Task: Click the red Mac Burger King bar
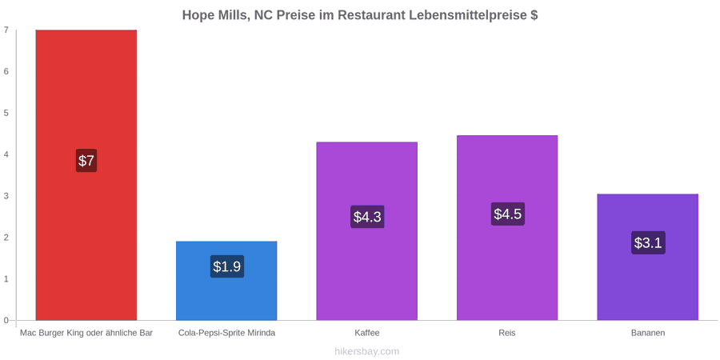[x=86, y=175]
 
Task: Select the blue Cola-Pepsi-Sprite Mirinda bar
[x=226, y=281]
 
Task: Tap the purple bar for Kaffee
[x=367, y=231]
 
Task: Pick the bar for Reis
[x=507, y=228]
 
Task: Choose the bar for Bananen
[x=647, y=257]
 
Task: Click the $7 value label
[x=86, y=161]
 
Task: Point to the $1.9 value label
[x=227, y=266]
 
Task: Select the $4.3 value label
[x=367, y=217]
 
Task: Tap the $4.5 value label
[x=508, y=214]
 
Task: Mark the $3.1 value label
[x=648, y=242]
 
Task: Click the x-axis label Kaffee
[x=367, y=333]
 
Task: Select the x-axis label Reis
[x=507, y=333]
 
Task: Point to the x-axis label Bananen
[x=647, y=333]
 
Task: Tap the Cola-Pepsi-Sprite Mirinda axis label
[x=227, y=333]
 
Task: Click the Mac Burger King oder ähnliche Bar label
[x=86, y=333]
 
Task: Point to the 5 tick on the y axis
[x=6, y=113]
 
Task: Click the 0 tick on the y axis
[x=6, y=321]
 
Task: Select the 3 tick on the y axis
[x=6, y=196]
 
